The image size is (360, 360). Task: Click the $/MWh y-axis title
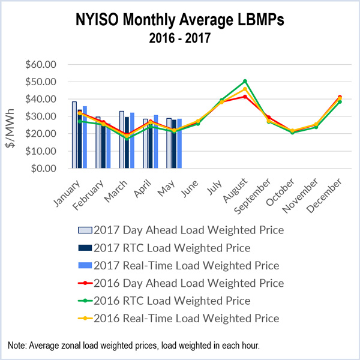pos(13,116)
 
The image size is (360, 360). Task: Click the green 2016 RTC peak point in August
pos(245,81)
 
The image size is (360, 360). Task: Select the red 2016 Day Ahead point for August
pos(245,96)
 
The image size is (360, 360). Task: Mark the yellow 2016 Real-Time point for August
pos(245,89)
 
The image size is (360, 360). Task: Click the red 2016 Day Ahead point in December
pos(340,97)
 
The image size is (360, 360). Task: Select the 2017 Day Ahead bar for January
pos(74,135)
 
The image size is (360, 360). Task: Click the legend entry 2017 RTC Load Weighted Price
pos(181,247)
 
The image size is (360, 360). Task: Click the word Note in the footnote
pos(17,346)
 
